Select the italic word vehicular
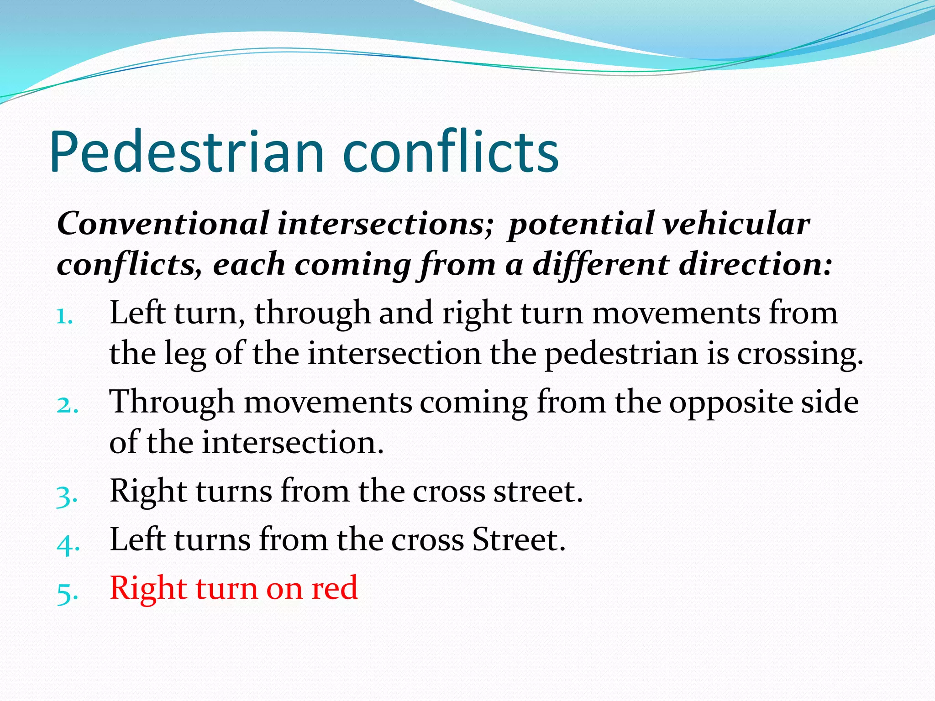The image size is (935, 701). [735, 224]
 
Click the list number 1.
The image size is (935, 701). [64, 316]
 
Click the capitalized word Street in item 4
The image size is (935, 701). [518, 540]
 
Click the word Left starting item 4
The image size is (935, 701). [137, 540]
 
